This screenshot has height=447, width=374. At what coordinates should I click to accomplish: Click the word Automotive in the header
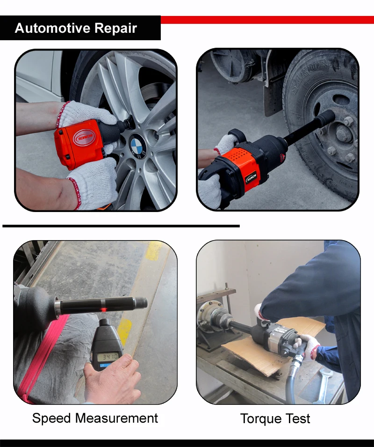[x=51, y=28]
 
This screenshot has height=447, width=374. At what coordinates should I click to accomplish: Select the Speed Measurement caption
[x=95, y=418]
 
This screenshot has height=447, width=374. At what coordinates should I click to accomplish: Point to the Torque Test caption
[x=275, y=418]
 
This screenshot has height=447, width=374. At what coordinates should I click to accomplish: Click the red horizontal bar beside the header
[x=267, y=20]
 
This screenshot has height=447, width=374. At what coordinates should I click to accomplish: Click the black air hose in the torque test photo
[x=292, y=377]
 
